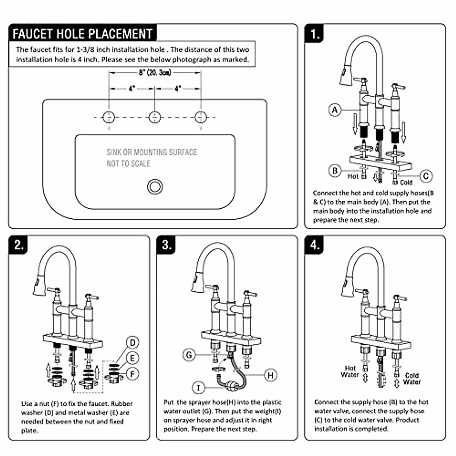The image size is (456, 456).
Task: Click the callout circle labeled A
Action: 335,110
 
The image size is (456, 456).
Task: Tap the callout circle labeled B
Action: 335,171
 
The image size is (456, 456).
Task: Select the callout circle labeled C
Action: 426,176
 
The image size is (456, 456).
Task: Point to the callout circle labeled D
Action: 133,343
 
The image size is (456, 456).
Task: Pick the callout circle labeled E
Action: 133,358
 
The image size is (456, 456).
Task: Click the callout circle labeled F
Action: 133,374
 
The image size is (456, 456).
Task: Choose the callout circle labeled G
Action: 189,355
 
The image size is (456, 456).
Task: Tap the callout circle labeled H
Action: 271,375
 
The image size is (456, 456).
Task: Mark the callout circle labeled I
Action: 198,388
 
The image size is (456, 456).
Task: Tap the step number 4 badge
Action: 315,245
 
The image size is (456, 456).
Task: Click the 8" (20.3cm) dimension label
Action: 155,72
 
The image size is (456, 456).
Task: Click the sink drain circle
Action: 155,187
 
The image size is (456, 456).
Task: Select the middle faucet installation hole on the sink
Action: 155,117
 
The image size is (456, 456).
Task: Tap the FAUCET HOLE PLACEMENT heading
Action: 82,34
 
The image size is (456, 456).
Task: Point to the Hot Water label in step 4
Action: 350,371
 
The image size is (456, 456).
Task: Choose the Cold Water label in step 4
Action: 412,378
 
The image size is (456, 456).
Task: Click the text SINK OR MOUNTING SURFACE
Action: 152,152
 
